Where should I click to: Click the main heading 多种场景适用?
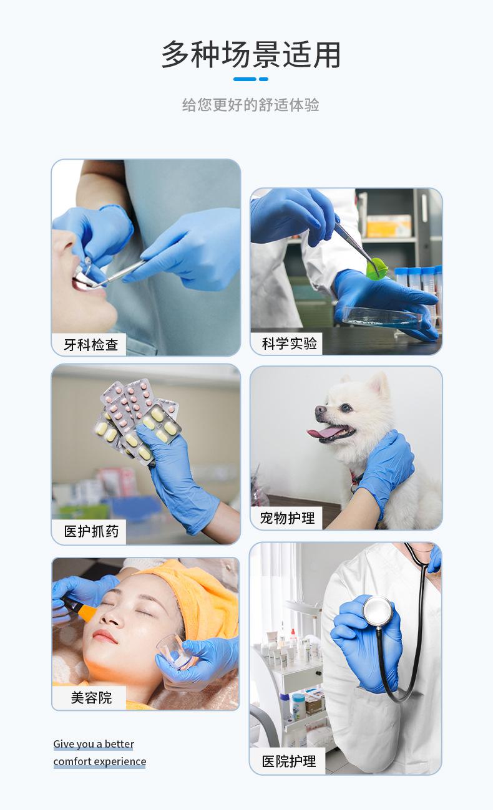tap(251, 55)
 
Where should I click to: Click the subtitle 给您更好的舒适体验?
tap(251, 105)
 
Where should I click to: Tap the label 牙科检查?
tap(90, 344)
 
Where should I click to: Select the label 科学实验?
tap(289, 343)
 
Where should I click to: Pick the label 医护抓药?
tap(90, 532)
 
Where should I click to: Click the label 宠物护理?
tap(287, 518)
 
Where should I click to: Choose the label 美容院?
tap(90, 697)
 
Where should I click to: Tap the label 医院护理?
tap(288, 761)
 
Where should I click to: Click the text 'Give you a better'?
tap(94, 744)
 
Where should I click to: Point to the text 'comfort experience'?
tap(100, 761)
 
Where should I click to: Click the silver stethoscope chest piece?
tap(378, 610)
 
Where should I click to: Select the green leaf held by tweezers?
tap(377, 270)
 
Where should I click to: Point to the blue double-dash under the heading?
tap(251, 79)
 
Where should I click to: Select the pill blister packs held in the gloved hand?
tap(134, 418)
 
